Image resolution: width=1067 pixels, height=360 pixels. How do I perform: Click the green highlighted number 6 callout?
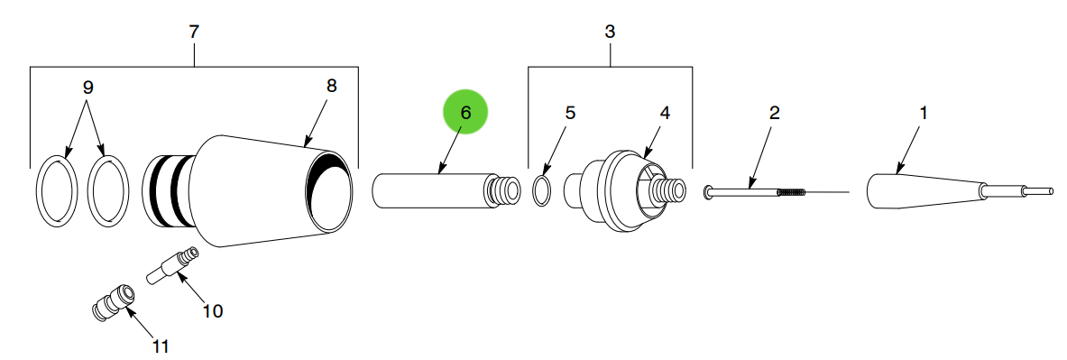click(x=465, y=113)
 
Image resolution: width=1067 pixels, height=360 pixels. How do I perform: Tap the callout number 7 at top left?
click(x=194, y=32)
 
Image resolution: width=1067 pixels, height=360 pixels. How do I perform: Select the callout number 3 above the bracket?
click(x=610, y=32)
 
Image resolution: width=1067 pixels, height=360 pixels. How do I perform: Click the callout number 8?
click(x=331, y=86)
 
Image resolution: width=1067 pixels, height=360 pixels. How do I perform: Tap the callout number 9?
click(x=87, y=88)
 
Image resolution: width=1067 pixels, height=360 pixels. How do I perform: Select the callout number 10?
click(x=212, y=311)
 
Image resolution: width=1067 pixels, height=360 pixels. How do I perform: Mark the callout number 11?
click(x=160, y=345)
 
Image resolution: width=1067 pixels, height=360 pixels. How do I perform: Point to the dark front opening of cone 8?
click(x=329, y=191)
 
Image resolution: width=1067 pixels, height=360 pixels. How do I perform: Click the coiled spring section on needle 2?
click(x=789, y=191)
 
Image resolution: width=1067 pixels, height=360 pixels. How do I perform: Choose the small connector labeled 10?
click(x=171, y=266)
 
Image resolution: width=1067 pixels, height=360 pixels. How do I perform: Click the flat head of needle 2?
click(x=709, y=190)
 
